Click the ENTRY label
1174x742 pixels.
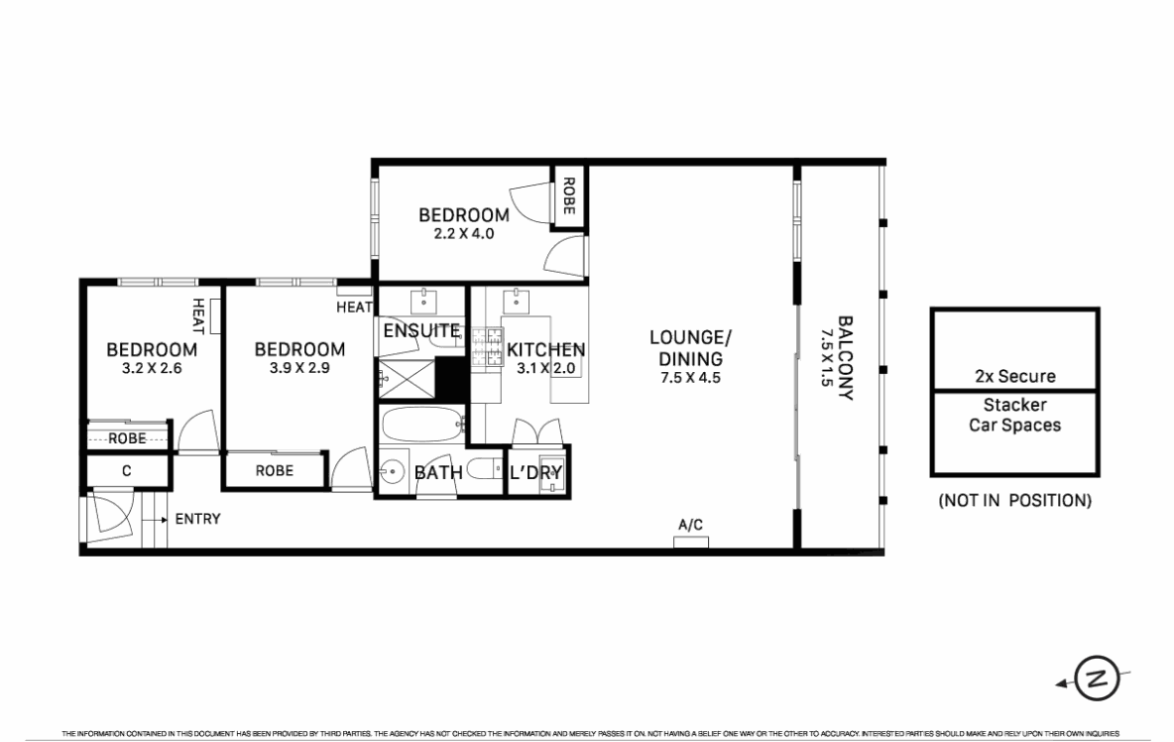tap(197, 518)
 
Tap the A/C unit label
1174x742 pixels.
tap(690, 525)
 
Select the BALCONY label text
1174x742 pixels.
tap(846, 358)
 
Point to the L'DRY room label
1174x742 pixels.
tap(535, 472)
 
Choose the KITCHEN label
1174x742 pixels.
tap(545, 349)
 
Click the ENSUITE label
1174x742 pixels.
tap(421, 330)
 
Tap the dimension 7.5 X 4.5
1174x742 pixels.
tap(690, 377)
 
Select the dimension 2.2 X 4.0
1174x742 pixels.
tap(464, 233)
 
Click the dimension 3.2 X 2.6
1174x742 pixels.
tap(152, 368)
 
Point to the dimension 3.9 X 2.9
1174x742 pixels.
tap(299, 368)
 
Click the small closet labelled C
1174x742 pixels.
tap(127, 471)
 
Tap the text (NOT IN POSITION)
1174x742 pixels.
tap(1014, 500)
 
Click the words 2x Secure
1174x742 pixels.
tap(1015, 376)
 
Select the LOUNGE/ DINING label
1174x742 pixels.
tap(690, 348)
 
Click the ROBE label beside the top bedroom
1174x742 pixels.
tap(569, 196)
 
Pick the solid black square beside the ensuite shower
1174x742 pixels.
tap(451, 378)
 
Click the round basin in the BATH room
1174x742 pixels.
tap(391, 472)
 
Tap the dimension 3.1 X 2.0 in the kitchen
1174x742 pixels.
tap(545, 368)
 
